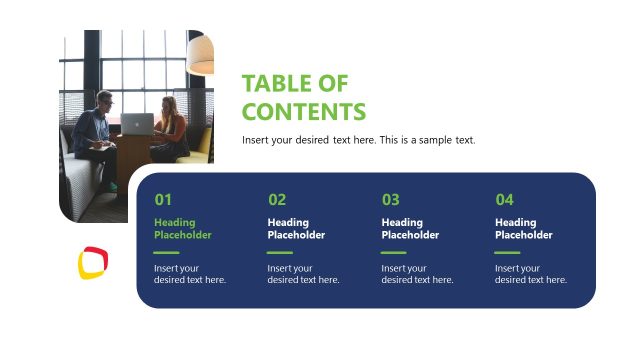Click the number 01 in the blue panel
click(163, 199)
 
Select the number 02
click(277, 199)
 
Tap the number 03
click(390, 199)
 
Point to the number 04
click(504, 199)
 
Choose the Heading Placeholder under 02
click(296, 229)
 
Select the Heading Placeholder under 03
click(410, 229)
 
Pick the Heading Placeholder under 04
click(523, 229)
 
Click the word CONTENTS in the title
click(304, 111)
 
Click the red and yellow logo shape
click(93, 262)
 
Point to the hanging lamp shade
click(201, 53)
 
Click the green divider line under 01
click(166, 253)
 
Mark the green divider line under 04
click(507, 253)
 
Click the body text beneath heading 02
click(303, 274)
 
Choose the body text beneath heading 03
click(417, 274)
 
